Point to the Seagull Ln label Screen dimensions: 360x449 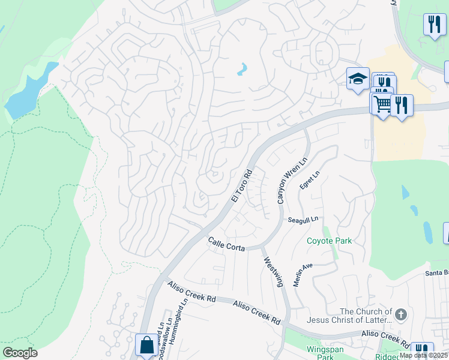(302, 220)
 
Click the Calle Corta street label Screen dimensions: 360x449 (226, 244)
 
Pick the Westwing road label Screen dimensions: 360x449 (273, 272)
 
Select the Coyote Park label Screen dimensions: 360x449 (329, 241)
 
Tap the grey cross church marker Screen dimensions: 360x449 (402, 314)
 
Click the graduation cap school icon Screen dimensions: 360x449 (358, 79)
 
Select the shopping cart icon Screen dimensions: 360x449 (381, 104)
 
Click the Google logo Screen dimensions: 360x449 (20, 353)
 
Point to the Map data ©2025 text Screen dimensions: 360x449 (423, 355)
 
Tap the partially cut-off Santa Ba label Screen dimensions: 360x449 (436, 273)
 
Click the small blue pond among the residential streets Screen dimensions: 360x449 (242, 70)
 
